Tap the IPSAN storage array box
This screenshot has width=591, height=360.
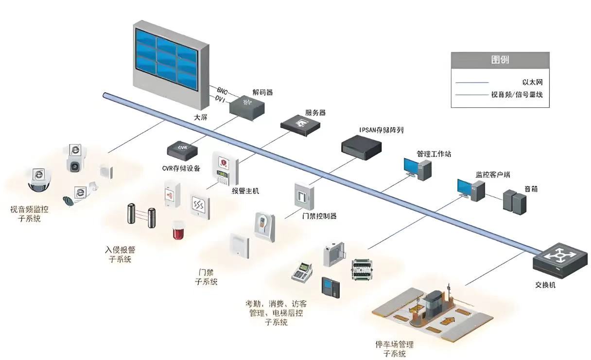361,144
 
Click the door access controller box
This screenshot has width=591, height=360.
304,196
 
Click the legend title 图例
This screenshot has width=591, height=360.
500,60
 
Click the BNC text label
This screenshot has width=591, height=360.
222,90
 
